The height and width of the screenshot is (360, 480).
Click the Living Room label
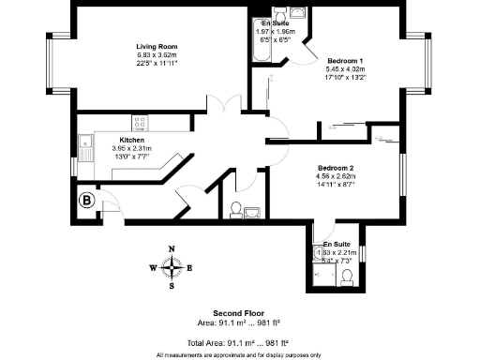[156, 47]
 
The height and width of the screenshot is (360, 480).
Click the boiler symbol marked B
[87, 199]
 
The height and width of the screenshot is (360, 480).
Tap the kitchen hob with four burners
[141, 122]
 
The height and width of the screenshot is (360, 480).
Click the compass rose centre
[171, 267]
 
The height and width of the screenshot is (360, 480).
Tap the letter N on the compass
[171, 249]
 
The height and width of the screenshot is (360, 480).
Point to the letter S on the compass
[171, 286]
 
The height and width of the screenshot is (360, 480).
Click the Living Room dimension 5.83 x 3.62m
[156, 55]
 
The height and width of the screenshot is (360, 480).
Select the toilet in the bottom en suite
[346, 275]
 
